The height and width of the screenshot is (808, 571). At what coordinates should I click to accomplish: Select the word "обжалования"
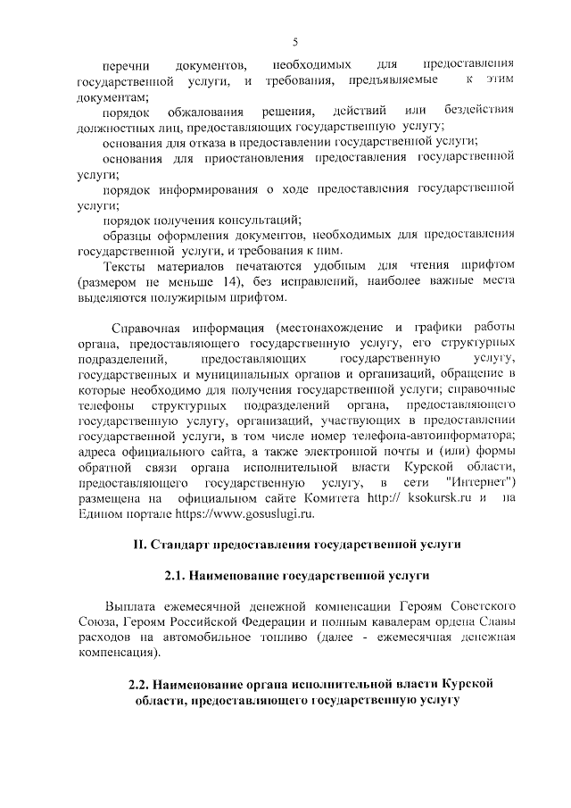coord(207,112)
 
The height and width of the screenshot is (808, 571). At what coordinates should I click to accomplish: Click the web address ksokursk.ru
coord(437,498)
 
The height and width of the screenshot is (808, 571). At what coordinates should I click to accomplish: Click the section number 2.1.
coord(175,576)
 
